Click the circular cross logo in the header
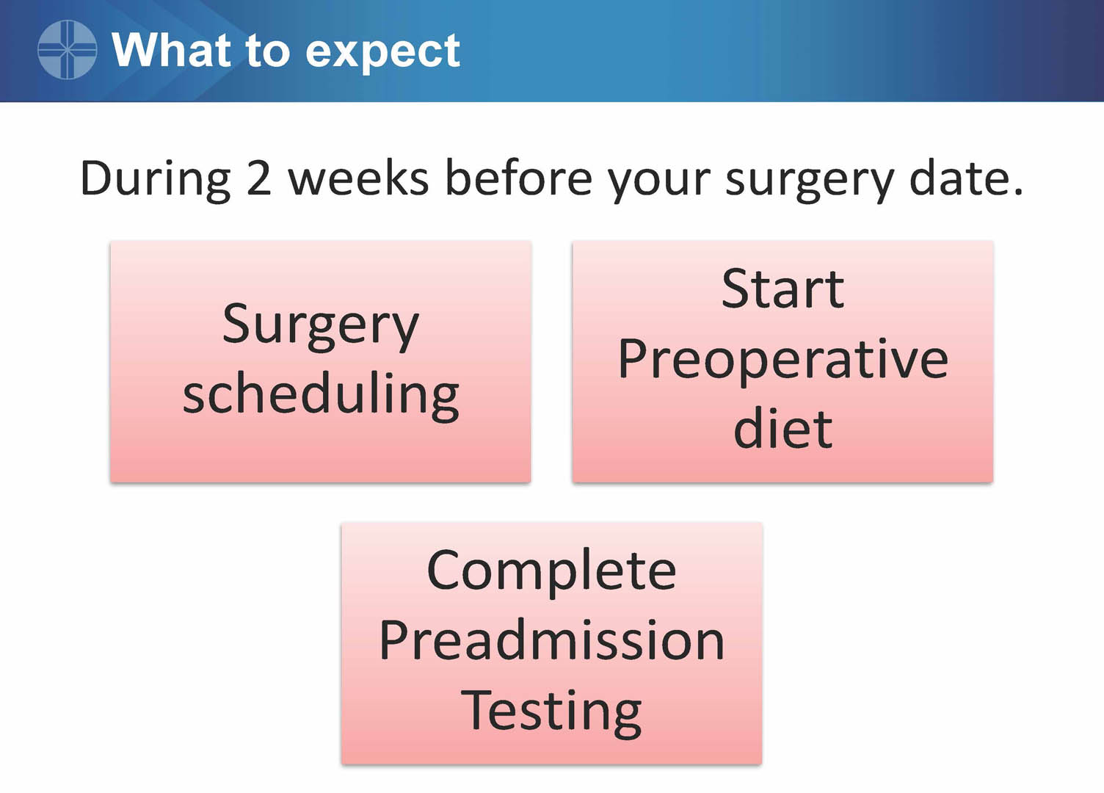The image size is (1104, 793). tap(67, 49)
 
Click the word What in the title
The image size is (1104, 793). tap(171, 50)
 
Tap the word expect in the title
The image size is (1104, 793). tap(382, 53)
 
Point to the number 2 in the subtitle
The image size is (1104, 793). tap(258, 178)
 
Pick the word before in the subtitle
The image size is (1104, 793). tap(518, 178)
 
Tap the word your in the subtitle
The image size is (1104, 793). tap(658, 182)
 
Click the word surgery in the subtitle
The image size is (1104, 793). tap(809, 181)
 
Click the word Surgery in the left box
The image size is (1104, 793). tap(320, 327)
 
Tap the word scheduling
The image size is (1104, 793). tap(321, 396)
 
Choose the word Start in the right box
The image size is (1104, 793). tap(782, 289)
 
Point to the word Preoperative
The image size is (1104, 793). tap(782, 361)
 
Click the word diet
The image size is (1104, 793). tap(782, 428)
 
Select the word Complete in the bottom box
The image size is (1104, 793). tap(551, 573)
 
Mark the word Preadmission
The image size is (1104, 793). tap(551, 640)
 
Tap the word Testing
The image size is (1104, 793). tap(551, 713)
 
